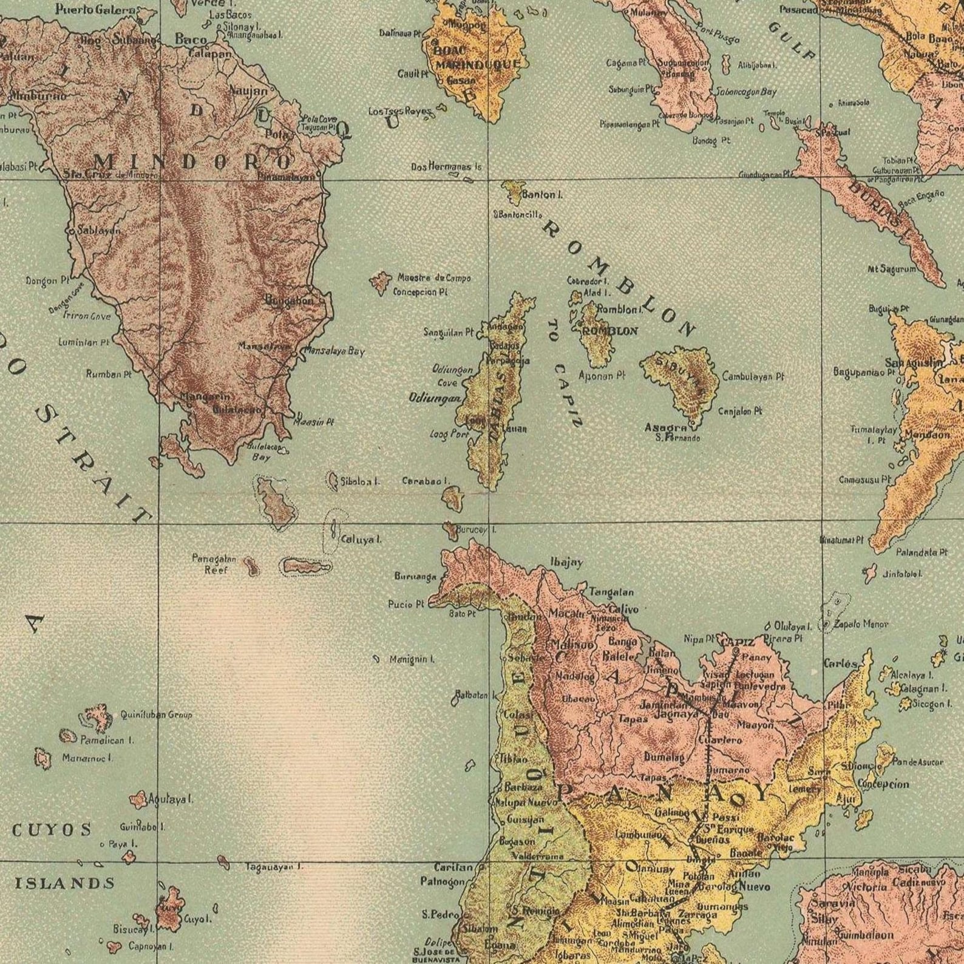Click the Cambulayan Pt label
click(753, 377)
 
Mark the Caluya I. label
click(361, 539)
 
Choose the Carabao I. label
click(425, 481)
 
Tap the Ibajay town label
click(566, 563)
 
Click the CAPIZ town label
click(737, 642)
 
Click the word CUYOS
click(52, 829)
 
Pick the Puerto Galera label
click(96, 10)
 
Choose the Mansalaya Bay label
click(333, 351)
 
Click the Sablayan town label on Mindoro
click(99, 231)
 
